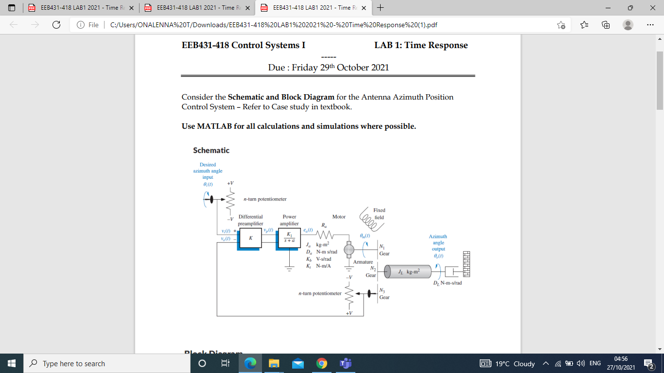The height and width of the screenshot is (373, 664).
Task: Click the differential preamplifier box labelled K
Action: pos(250,238)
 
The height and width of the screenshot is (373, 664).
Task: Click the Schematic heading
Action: pos(211,150)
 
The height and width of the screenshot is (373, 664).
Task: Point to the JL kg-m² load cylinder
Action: pos(408,271)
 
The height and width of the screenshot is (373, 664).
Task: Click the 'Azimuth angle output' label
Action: pos(438,243)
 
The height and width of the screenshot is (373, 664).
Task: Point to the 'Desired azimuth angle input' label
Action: pos(208,171)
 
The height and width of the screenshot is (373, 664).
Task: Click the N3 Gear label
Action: pos(384,294)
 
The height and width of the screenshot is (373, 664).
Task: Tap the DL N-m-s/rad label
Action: pos(447,283)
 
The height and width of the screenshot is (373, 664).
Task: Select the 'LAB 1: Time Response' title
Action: pos(421,45)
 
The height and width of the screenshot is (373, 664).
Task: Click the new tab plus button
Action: pos(380,8)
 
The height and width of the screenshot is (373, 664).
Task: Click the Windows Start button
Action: pos(12,363)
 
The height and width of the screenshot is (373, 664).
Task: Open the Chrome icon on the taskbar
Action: pos(321,363)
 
